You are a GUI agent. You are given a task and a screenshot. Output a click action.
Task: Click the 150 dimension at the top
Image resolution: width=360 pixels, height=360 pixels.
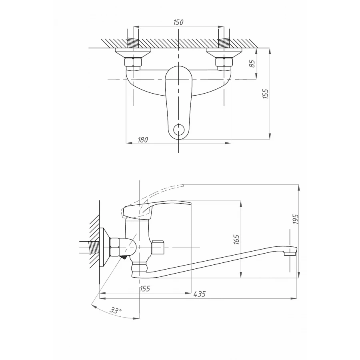(178, 22)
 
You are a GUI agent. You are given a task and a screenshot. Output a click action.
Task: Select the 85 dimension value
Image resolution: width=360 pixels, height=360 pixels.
(252, 64)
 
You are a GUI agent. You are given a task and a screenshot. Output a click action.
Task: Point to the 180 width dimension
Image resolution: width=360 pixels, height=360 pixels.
(143, 140)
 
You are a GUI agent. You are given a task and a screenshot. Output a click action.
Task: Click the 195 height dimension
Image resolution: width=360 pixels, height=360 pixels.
(295, 218)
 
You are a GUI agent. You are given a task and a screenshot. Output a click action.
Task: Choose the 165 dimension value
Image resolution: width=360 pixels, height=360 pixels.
(236, 239)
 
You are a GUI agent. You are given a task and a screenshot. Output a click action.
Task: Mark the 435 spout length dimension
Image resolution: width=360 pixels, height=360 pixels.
(199, 294)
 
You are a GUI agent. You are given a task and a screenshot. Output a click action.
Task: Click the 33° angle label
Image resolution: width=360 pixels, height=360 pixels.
(115, 310)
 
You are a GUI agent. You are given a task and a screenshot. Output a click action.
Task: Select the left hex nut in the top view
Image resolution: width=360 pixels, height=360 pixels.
(132, 62)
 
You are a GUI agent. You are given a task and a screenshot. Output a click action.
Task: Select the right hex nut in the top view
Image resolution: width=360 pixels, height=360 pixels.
(224, 62)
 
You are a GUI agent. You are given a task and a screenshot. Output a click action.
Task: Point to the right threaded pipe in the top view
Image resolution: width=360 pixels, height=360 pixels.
(224, 38)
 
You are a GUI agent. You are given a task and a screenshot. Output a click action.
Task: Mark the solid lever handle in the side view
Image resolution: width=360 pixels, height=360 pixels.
(156, 208)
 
